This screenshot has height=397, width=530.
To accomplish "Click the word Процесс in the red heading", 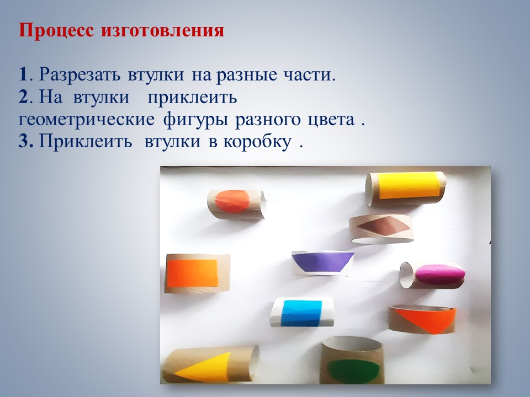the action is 56,31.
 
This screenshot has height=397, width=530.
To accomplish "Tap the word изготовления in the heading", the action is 162,31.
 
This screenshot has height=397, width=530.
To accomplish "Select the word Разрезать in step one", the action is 79,75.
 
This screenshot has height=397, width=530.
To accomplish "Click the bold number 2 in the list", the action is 23,97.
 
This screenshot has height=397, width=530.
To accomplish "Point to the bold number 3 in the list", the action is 25,141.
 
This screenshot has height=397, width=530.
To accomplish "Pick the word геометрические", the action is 86,120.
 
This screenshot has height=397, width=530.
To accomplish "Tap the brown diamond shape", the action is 385,225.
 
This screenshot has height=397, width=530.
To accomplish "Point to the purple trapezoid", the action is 322,261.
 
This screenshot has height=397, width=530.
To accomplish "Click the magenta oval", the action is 440,275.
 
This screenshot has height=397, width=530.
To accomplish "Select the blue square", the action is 301,313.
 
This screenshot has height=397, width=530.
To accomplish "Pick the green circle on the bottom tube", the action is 353,371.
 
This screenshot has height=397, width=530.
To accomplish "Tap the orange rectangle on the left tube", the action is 192,273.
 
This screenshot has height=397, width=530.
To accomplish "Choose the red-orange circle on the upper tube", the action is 232,201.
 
